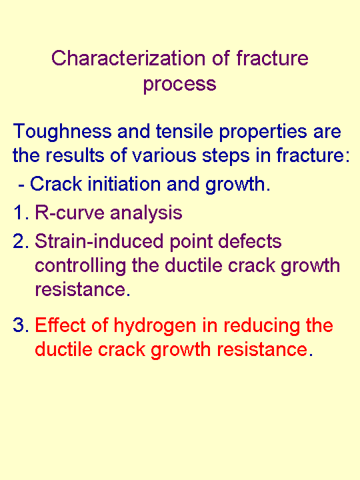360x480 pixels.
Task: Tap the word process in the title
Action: pos(179,84)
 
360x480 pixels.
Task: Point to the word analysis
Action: pos(146,213)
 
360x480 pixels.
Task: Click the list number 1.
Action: pos(19,213)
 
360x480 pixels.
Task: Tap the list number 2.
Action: pos(19,241)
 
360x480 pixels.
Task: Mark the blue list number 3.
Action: pos(19,326)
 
